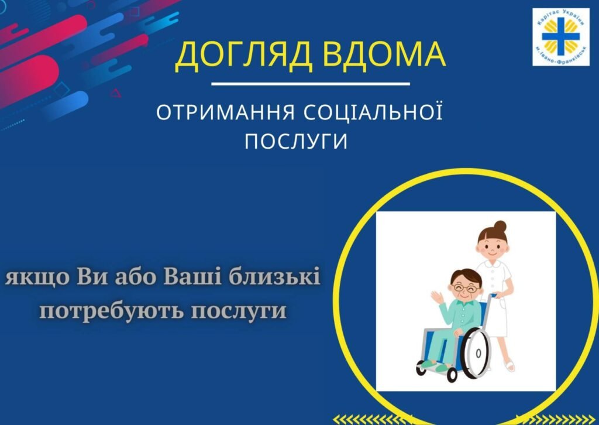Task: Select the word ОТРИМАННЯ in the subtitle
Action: (x=226, y=112)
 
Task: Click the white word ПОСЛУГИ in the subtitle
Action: (x=296, y=141)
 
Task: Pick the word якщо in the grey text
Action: (x=37, y=278)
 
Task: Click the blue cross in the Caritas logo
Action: (x=560, y=36)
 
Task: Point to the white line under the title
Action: (x=311, y=83)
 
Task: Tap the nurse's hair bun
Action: (x=500, y=227)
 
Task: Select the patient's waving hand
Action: (x=436, y=297)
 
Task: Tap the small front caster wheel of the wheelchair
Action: (x=452, y=375)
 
